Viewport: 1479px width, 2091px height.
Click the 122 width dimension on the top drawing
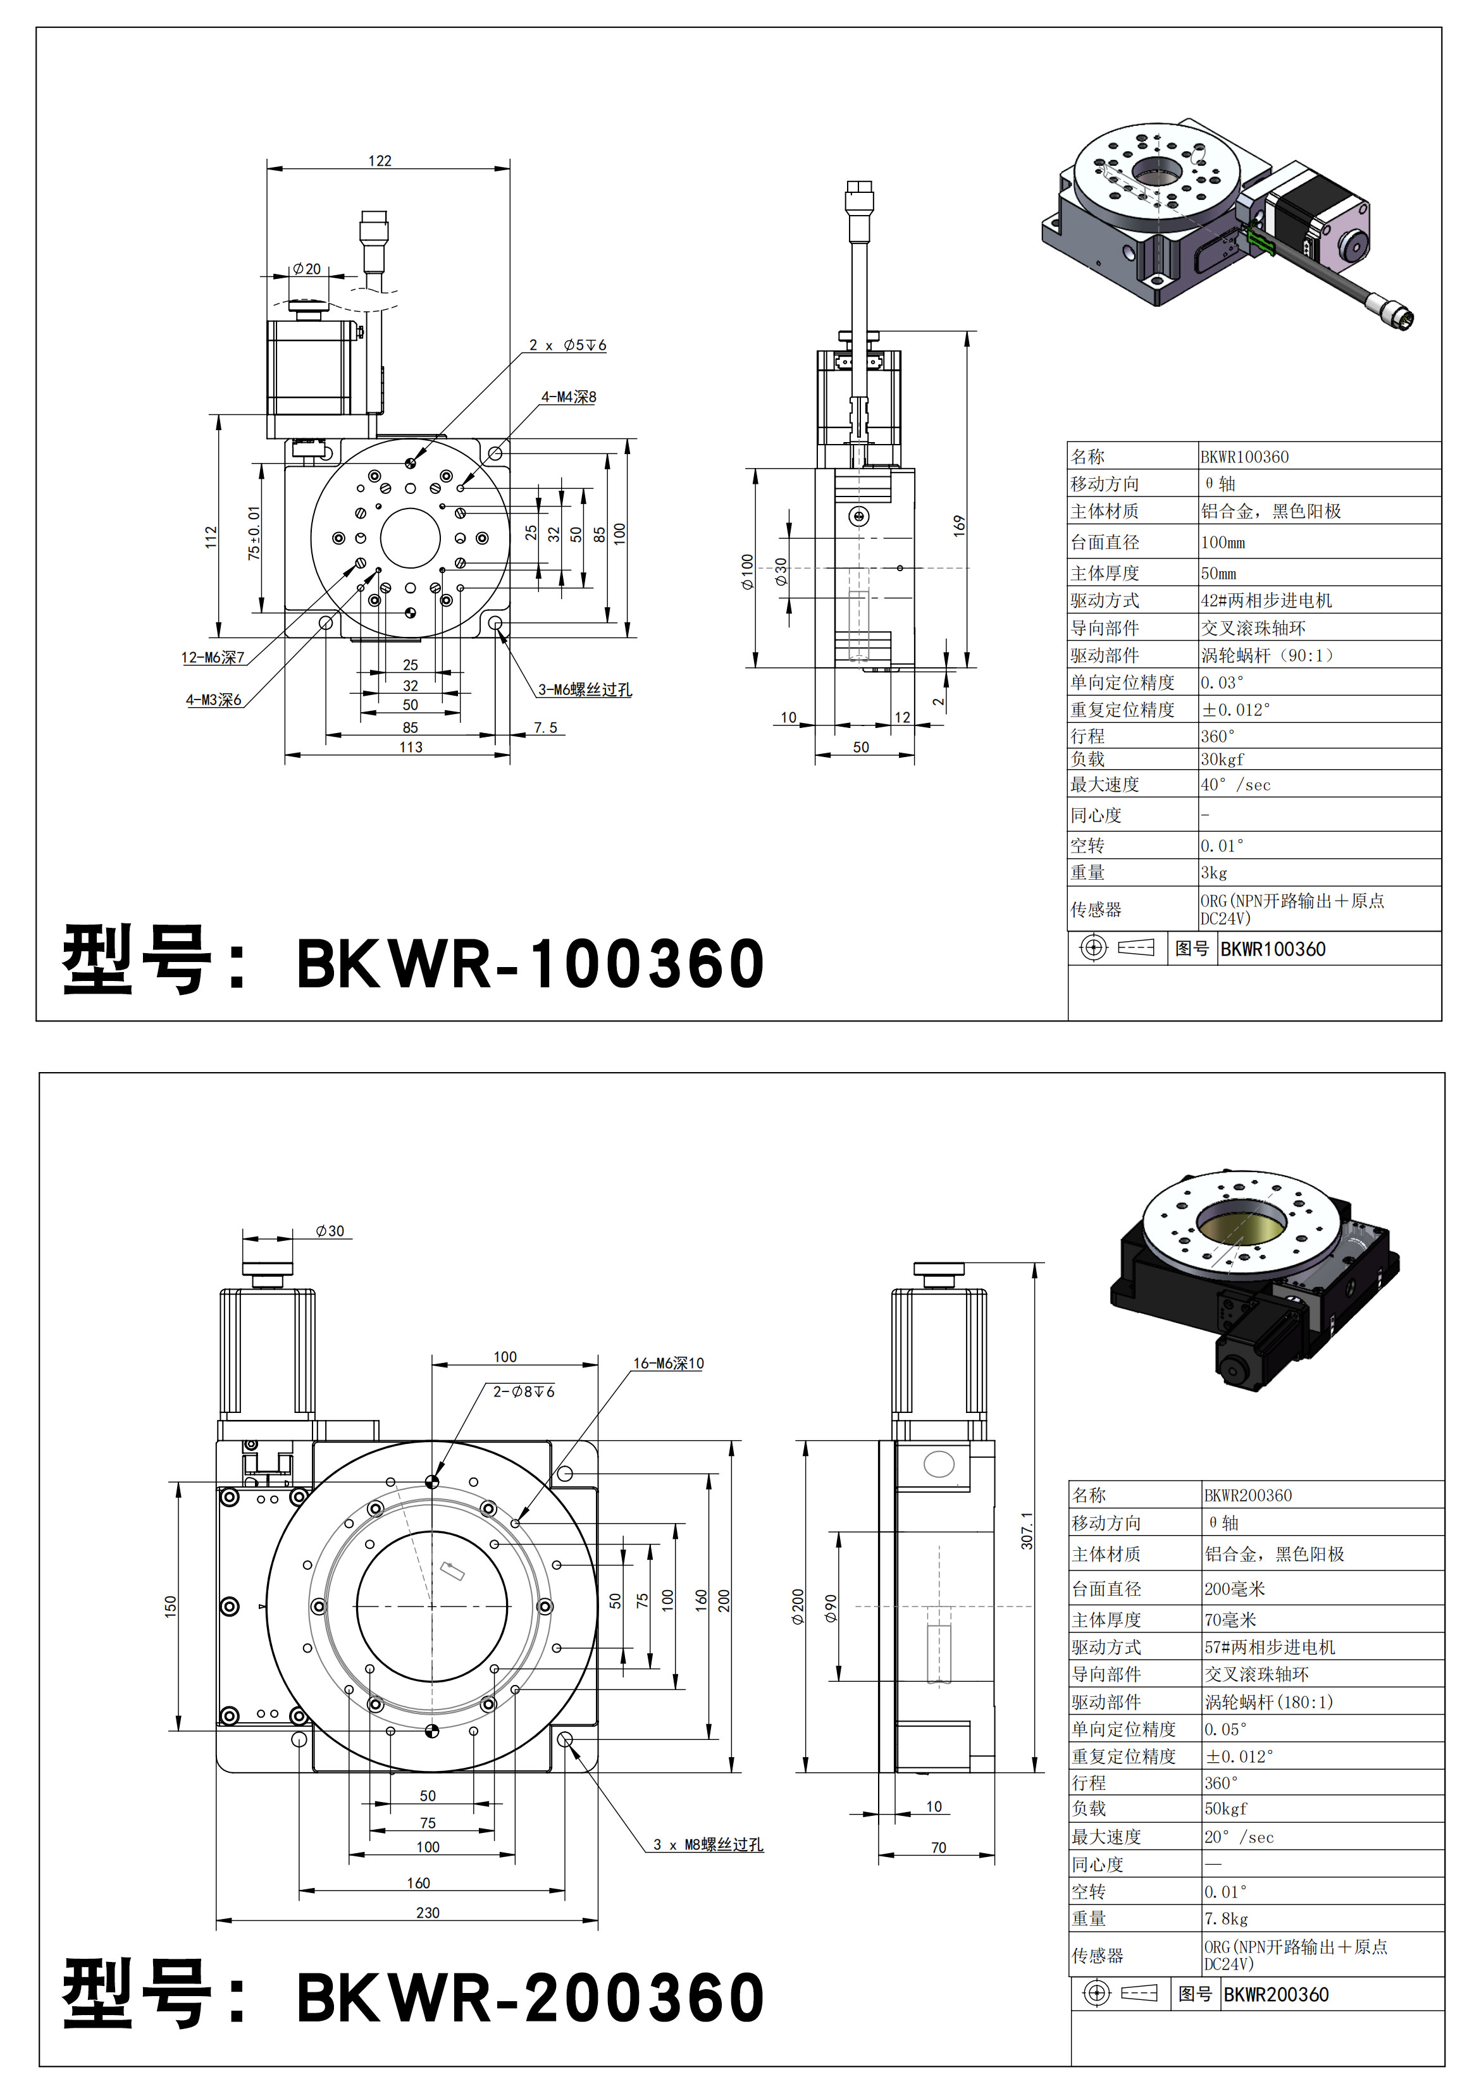tap(380, 161)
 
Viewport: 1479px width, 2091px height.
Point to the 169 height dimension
tap(959, 526)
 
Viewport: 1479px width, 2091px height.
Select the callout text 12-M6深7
tap(212, 658)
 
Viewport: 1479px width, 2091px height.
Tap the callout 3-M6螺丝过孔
tap(585, 689)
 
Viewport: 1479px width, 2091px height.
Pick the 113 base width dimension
tap(411, 748)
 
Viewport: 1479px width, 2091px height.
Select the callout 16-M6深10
tap(669, 1364)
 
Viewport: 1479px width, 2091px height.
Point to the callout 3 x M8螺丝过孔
tap(708, 1844)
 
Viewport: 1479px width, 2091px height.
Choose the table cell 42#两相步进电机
tap(1266, 601)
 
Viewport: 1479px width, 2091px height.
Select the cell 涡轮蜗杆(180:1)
tap(1268, 1701)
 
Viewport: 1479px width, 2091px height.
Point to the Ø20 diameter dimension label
tap(307, 269)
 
